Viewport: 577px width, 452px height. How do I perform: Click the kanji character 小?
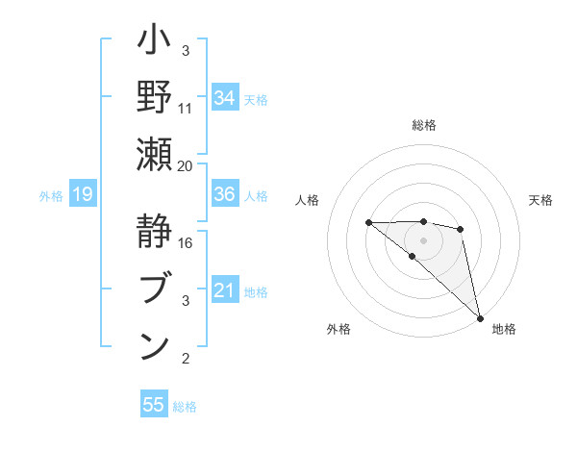pos(155,43)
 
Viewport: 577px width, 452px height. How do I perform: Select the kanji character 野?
pos(155,99)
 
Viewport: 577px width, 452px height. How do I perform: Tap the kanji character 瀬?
pos(155,157)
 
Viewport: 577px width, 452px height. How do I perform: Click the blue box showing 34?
pos(225,97)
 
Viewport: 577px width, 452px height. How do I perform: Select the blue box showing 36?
pos(225,194)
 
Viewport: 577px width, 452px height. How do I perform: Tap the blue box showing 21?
pos(225,289)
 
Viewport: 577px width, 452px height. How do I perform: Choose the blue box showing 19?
pos(83,195)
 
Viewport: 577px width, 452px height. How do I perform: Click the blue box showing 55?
pos(154,405)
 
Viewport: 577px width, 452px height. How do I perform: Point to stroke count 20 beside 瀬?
pos(186,165)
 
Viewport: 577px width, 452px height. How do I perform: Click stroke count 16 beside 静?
pos(186,242)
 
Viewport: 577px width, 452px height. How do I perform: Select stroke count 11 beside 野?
pos(186,108)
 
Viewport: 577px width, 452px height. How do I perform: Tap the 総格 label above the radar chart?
pos(423,125)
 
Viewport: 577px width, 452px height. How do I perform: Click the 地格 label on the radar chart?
pos(504,330)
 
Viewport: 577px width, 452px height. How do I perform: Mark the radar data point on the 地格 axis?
pos(480,317)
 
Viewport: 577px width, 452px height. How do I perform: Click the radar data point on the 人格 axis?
pos(368,223)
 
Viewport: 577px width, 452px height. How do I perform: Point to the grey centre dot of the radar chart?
pos(423,240)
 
